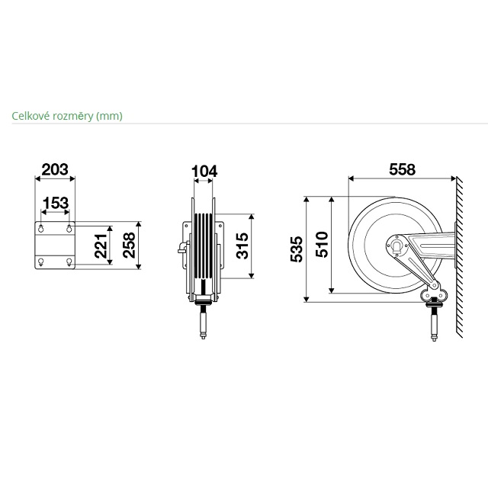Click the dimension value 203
click(x=55, y=169)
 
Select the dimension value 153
click(x=56, y=204)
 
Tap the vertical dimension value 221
click(x=101, y=246)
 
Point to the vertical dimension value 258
click(x=129, y=246)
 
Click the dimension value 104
click(x=204, y=172)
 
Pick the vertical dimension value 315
click(x=242, y=246)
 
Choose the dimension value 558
click(x=402, y=169)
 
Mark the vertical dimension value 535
click(x=297, y=249)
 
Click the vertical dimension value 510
click(x=322, y=244)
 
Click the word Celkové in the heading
click(x=31, y=116)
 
